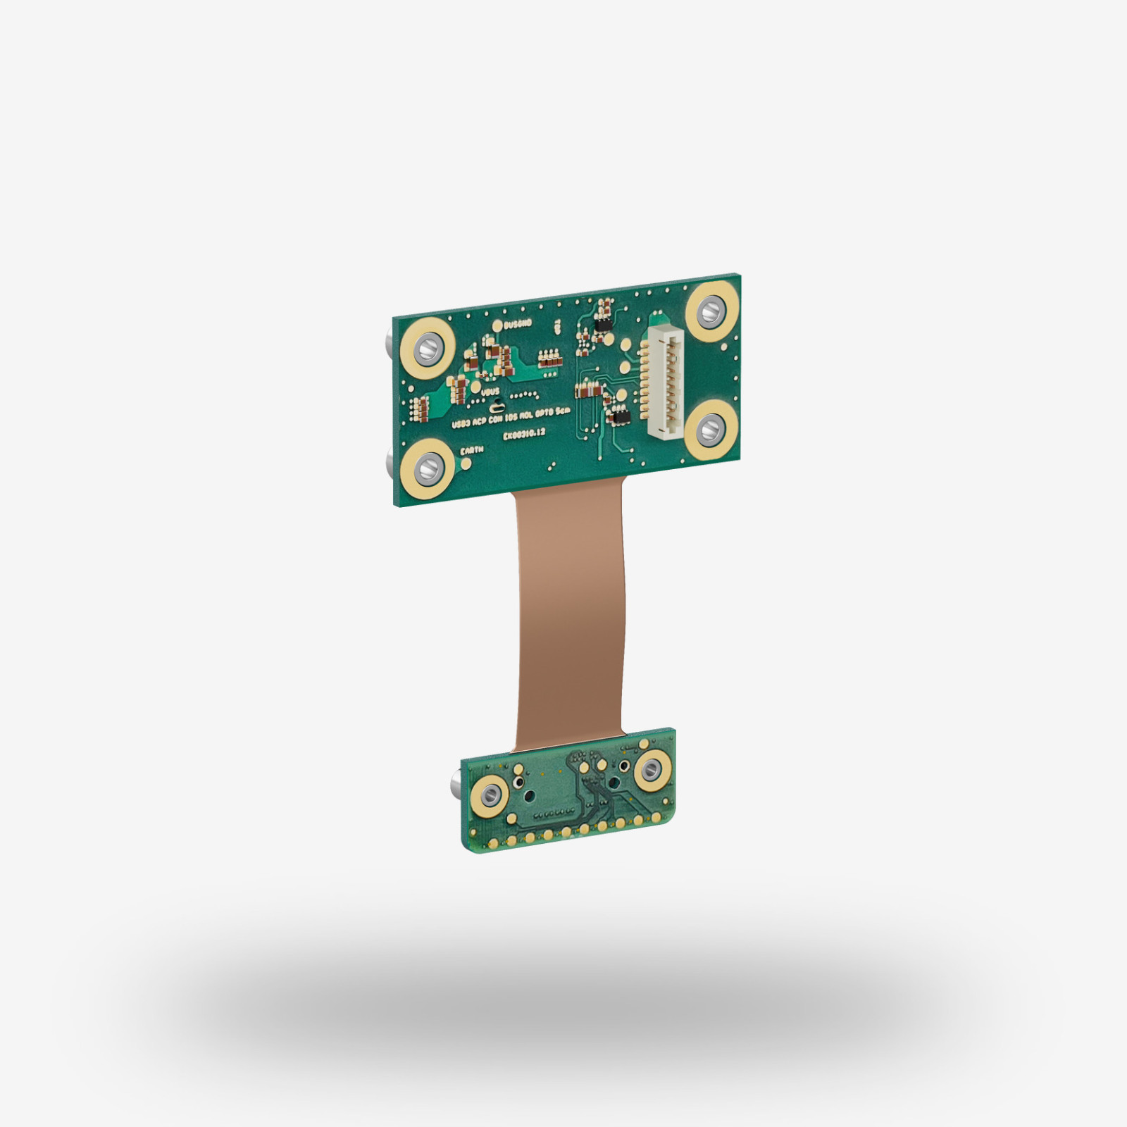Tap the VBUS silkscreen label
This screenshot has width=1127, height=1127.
pos(490,392)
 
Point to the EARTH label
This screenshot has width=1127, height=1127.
pos(471,450)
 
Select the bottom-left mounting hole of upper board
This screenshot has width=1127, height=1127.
pos(425,467)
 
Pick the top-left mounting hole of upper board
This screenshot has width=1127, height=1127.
pos(425,347)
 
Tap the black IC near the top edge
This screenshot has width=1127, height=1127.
pos(604,325)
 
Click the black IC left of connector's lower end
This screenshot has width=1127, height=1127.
pos(621,418)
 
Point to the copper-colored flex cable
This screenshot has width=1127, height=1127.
pos(570,613)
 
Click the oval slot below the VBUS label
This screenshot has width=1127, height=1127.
pos(497,407)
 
